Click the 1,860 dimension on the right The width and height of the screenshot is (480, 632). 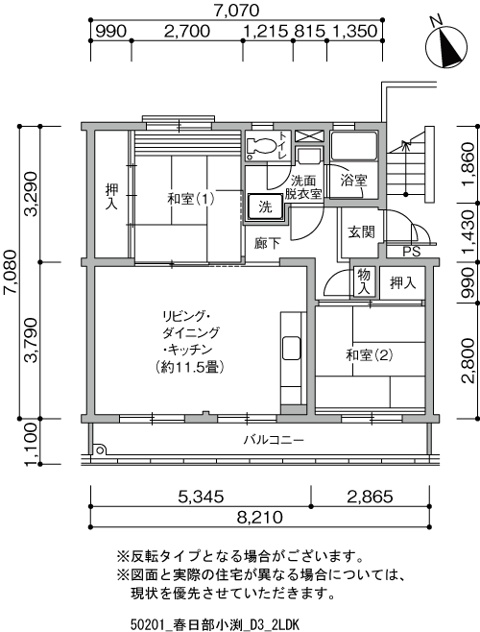coord(467,169)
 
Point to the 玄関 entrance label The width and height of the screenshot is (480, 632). coord(361,231)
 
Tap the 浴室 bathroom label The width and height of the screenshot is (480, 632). coord(354,180)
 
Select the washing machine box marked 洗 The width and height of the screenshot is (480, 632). coord(263,207)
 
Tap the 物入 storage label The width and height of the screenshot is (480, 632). coord(365,281)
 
